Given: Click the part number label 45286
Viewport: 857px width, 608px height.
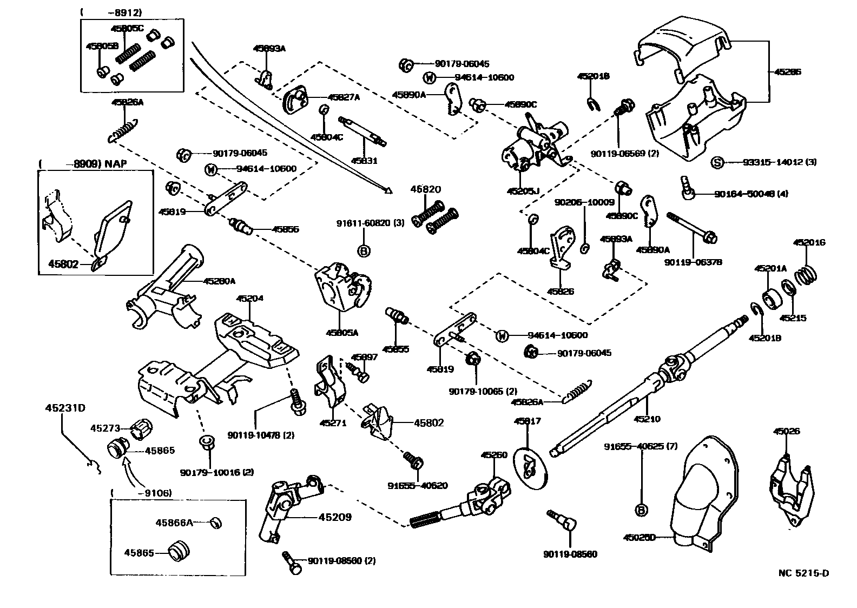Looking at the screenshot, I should coord(788,71).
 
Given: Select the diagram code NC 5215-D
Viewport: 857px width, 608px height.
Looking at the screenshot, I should coord(803,573).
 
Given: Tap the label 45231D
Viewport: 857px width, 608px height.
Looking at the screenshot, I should coord(65,408).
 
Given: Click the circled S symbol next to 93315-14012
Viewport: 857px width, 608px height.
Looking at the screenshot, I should coord(717,162).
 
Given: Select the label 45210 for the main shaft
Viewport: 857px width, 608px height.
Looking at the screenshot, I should coord(647,419).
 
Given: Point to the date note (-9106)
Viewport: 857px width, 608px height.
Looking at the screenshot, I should coord(141,493).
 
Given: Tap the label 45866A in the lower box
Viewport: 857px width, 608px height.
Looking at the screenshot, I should coord(174,523).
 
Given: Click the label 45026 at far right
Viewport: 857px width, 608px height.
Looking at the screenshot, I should coord(786,431).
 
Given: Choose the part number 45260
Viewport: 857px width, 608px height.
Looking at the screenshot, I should coord(494,455).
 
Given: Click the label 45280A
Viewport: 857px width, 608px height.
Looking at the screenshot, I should coord(219,281).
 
